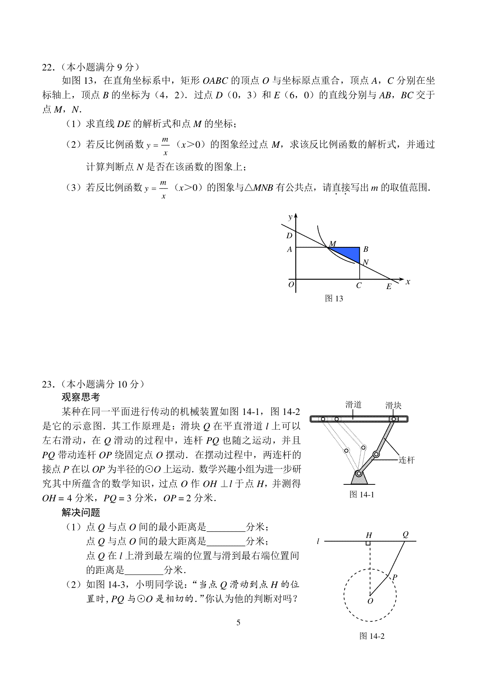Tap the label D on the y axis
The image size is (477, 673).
point(289,235)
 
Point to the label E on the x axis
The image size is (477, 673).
point(389,287)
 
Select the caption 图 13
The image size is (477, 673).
point(334,299)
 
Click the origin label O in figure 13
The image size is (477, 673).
point(291,284)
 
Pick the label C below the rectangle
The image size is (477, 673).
point(359,285)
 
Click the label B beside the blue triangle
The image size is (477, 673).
point(366,249)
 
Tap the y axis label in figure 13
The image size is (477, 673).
point(291,217)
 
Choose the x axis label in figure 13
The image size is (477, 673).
point(408,282)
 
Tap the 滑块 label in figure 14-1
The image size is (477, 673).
point(393,405)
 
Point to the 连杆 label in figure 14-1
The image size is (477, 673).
point(406,460)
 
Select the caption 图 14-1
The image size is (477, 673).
point(362,494)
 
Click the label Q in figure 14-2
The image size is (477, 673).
point(405,534)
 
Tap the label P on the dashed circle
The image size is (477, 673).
point(395,577)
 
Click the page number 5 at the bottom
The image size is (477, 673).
point(238,622)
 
